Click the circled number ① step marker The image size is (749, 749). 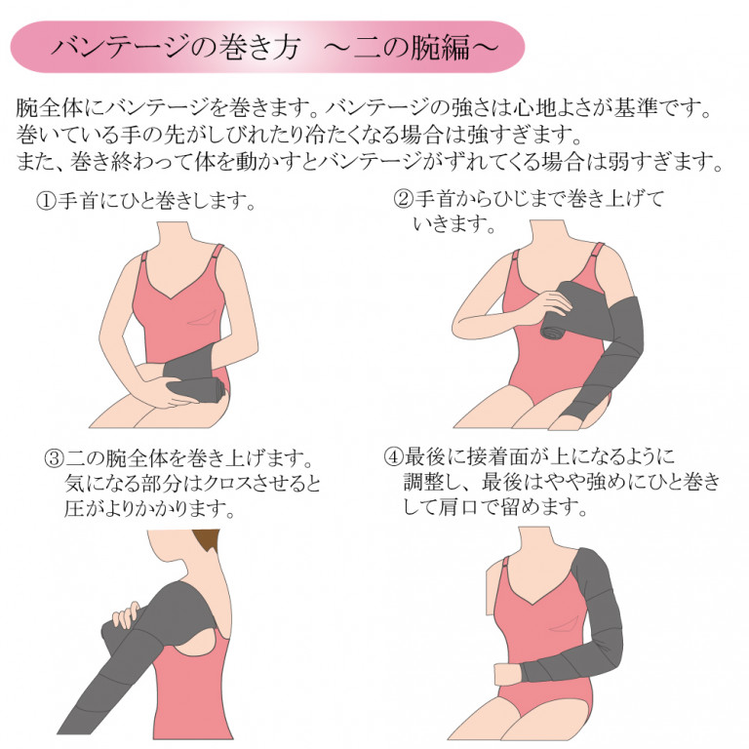[47, 201]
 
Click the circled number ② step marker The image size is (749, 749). [403, 199]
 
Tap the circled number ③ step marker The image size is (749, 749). [54, 458]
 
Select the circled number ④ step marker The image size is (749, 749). [394, 456]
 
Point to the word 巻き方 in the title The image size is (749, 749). [258, 47]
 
